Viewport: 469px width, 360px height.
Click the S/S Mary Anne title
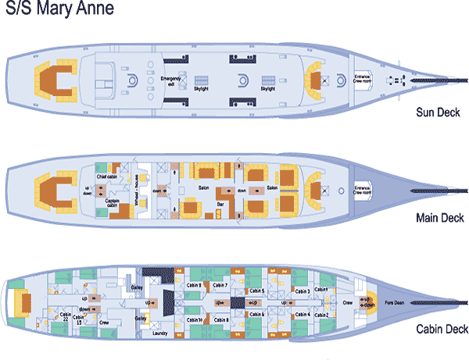(x=58, y=10)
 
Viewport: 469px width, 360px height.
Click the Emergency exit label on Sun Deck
(x=170, y=82)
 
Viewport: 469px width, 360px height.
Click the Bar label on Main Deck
(x=221, y=204)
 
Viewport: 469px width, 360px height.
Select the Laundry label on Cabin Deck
(x=160, y=332)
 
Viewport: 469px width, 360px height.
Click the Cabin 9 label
(x=195, y=285)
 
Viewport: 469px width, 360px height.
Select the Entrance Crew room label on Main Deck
(x=362, y=189)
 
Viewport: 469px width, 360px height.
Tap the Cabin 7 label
(x=220, y=285)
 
